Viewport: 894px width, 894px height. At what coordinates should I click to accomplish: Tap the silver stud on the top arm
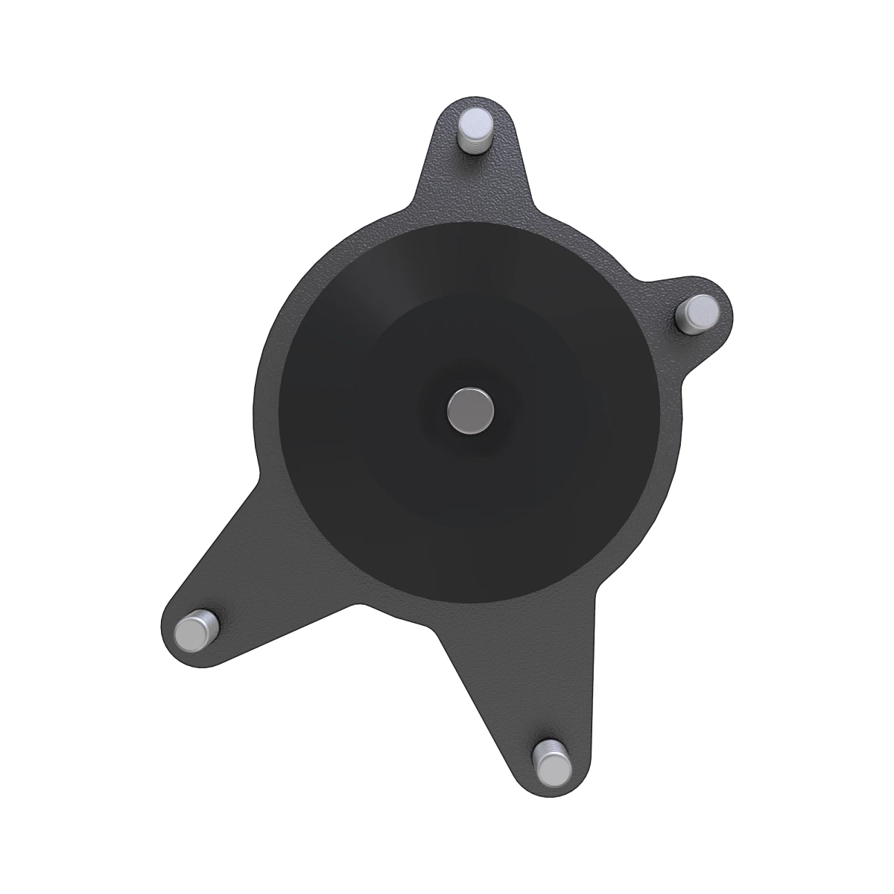(475, 131)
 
